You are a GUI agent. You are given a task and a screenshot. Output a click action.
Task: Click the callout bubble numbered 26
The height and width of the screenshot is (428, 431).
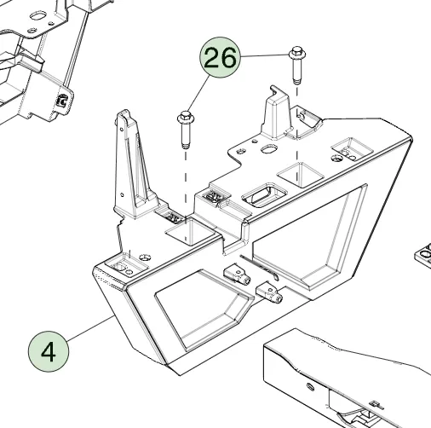point(220,57)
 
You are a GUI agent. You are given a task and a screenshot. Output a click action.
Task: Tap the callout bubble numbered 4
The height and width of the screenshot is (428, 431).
point(49,351)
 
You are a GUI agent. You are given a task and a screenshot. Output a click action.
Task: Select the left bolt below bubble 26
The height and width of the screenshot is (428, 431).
point(186,130)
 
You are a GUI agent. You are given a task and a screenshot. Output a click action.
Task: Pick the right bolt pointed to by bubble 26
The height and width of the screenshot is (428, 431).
point(296,66)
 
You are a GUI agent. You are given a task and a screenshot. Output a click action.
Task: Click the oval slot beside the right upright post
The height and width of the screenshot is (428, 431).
point(269,148)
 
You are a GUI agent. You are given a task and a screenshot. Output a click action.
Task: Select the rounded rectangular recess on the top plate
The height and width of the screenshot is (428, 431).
point(264,195)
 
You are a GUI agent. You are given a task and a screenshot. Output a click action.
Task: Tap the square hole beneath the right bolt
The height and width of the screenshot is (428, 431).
point(301,175)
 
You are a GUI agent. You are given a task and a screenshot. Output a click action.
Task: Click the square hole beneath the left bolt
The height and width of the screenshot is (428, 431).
point(190,232)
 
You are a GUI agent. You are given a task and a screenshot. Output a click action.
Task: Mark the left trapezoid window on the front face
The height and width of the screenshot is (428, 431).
point(204,309)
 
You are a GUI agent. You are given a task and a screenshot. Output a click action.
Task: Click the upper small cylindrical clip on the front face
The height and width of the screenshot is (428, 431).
point(237,275)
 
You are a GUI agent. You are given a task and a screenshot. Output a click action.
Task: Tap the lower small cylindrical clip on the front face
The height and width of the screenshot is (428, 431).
point(269,292)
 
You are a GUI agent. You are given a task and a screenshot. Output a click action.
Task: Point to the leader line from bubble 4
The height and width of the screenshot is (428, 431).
point(90,328)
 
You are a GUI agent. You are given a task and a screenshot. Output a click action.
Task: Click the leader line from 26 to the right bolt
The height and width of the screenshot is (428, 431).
point(264,55)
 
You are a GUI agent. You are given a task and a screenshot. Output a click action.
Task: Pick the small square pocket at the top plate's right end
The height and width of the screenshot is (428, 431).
point(352,148)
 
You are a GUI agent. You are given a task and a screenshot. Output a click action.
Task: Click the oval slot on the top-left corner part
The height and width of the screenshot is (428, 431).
point(37,15)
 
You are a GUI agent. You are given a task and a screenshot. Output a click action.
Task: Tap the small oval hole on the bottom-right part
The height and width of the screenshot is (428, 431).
point(311,387)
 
